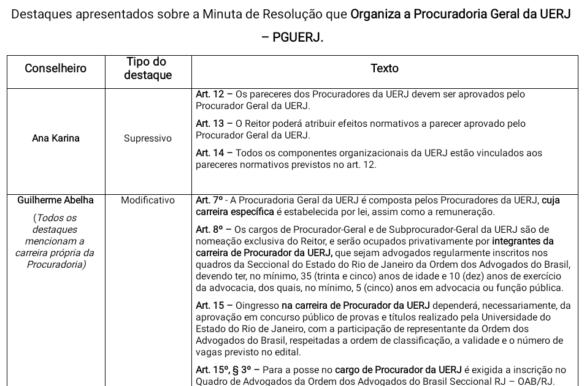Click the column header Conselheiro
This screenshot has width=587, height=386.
pos(56,69)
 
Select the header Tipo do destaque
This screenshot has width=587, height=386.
pos(147,69)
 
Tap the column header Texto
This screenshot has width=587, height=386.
pos(385,69)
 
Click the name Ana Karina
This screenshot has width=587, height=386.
pos(56,138)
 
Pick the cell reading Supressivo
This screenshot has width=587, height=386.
pos(148,138)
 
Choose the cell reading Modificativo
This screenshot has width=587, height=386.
pos(148,200)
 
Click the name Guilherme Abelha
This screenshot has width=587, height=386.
pos(56,200)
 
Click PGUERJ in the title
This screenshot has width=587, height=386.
pos(298,38)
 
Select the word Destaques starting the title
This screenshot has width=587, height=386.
pos(40,14)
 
